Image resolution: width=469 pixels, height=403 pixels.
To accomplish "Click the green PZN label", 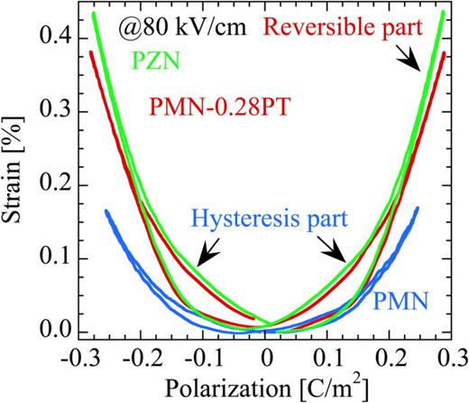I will (155, 62).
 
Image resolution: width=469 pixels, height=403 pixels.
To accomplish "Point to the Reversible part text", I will (358, 28).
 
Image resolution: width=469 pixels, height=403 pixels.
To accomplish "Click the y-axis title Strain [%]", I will (17, 172).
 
